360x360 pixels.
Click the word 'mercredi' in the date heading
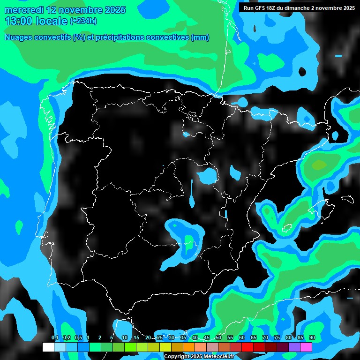point(22,10)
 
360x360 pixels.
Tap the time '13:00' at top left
point(19,21)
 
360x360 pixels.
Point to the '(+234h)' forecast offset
point(83,21)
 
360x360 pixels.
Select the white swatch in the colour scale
point(48,347)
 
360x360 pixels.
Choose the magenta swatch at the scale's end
point(306,347)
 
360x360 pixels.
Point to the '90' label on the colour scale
point(312,338)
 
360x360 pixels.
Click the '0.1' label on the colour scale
point(54,338)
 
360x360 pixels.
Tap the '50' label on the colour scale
point(218,338)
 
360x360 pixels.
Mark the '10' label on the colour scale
point(125,338)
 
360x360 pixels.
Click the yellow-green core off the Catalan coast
point(319,165)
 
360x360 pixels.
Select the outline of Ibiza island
point(287,229)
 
